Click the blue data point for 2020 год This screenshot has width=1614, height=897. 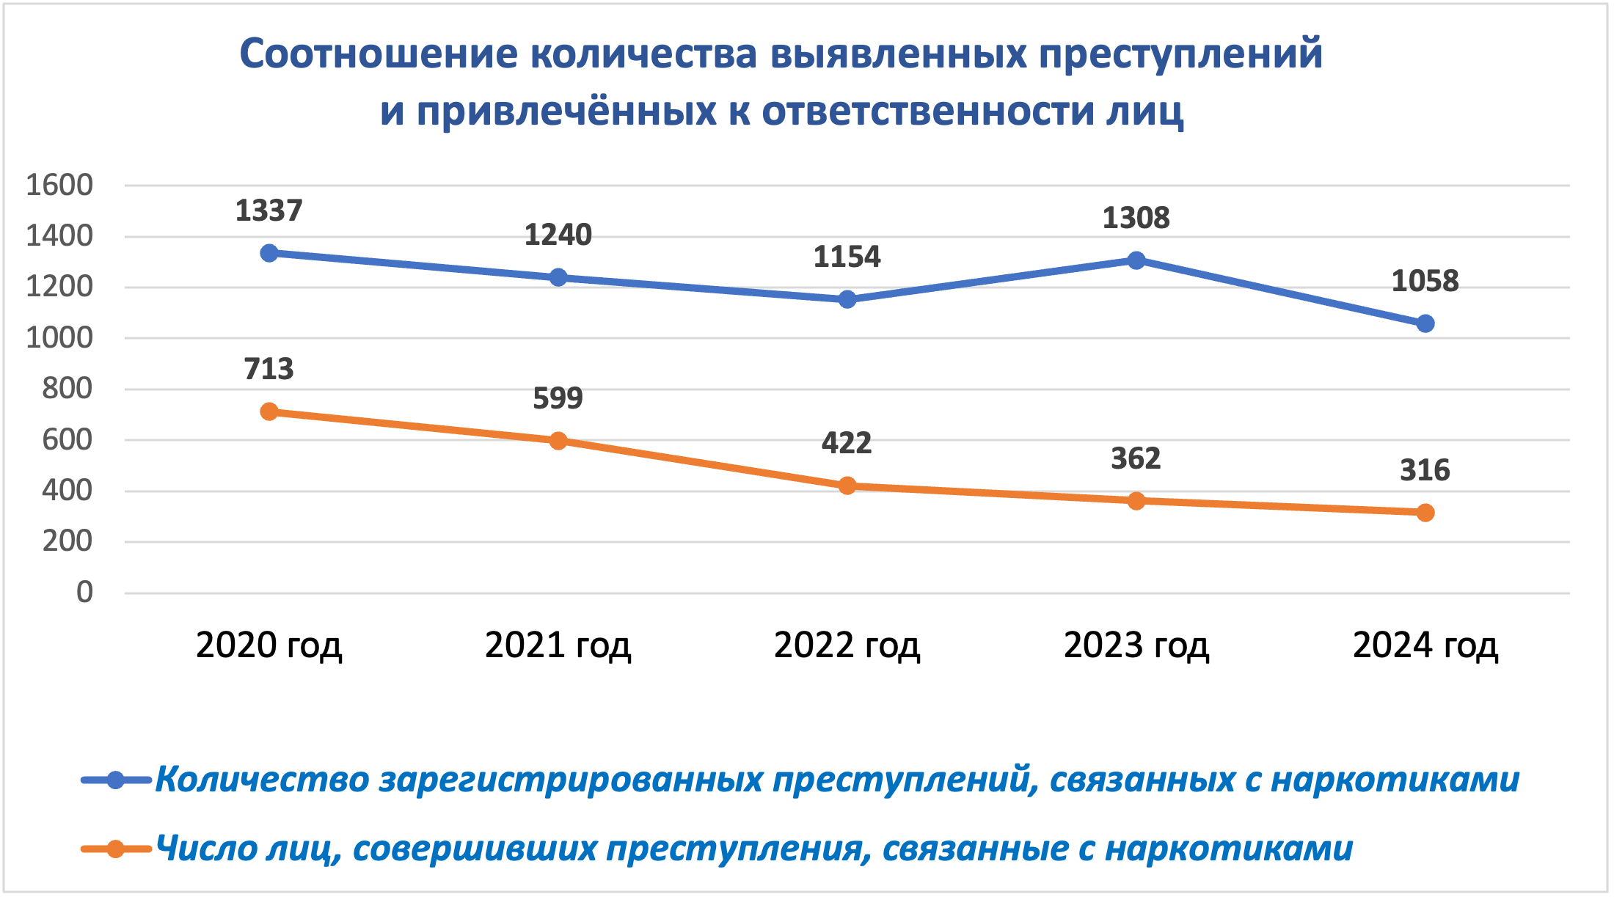pos(269,253)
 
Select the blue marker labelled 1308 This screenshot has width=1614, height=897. pos(1136,260)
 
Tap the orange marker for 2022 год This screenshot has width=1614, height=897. pos(847,486)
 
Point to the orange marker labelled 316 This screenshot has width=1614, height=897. pos(1425,513)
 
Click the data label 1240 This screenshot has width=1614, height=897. pos(558,235)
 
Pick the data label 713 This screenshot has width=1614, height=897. pos(269,369)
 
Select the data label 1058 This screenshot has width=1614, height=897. pos(1425,281)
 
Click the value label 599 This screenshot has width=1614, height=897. pos(558,398)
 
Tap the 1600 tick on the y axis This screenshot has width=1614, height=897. pos(59,186)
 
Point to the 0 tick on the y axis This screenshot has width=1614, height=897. pos(84,592)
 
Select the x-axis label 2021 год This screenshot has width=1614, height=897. pos(558,645)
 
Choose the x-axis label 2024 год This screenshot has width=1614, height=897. pos(1425,645)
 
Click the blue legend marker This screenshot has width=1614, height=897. pos(116,780)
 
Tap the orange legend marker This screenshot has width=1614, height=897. pos(116,849)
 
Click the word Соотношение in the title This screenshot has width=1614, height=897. pos(378,54)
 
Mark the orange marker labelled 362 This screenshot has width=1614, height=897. pos(1136,501)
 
